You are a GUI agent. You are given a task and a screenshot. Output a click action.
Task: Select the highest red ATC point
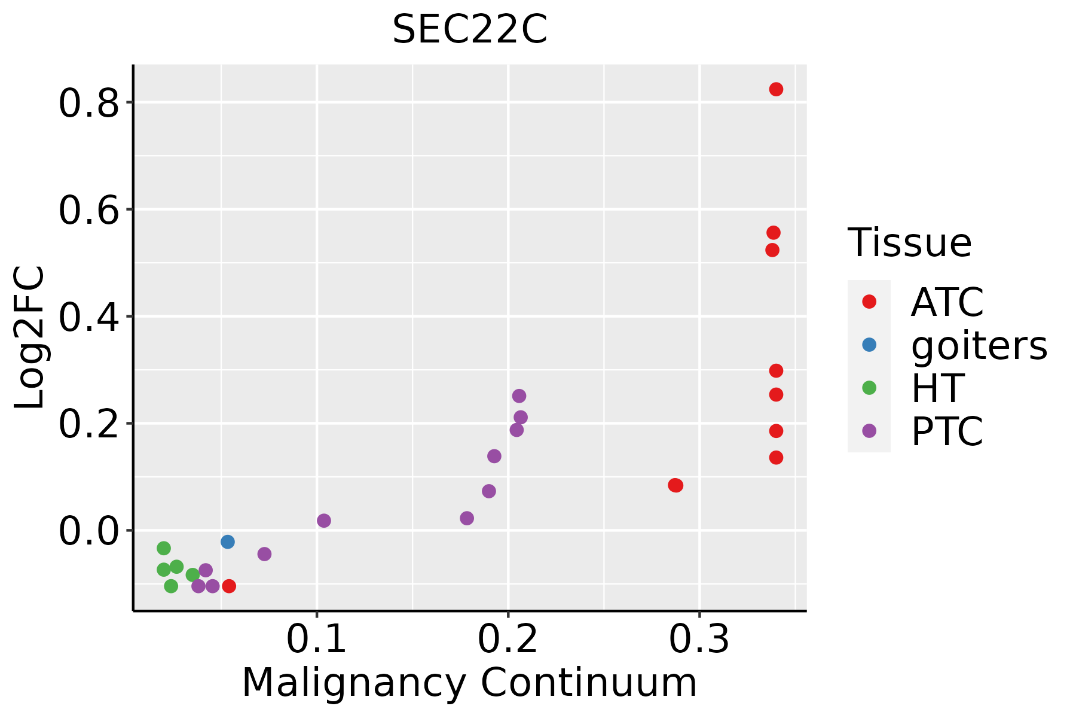(776, 89)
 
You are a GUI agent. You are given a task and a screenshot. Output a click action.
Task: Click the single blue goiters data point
(227, 541)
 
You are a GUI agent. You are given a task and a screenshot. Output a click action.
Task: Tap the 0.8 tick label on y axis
(88, 104)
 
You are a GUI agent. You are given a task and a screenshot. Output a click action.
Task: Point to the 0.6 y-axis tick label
(88, 211)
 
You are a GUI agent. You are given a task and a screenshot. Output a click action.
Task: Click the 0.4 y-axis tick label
(88, 317)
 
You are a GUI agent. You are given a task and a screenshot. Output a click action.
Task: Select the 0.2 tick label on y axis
(88, 424)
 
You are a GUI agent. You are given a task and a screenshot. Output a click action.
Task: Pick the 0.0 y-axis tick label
(88, 531)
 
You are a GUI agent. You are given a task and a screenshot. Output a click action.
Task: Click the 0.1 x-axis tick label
(317, 639)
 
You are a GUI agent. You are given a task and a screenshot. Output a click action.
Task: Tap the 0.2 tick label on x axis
(508, 639)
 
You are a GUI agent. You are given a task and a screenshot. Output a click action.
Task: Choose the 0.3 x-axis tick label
(699, 639)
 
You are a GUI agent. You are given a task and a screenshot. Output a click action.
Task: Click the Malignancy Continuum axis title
(469, 683)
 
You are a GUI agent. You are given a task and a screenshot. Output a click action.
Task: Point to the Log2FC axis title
(30, 337)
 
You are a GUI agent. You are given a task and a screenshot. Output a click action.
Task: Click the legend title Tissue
(910, 243)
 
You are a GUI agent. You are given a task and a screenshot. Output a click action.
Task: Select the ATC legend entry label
(947, 302)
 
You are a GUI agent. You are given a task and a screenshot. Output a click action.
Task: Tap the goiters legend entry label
(979, 345)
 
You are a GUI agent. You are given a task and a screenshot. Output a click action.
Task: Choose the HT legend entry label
(937, 388)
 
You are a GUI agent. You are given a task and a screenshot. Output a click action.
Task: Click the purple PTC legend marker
(869, 431)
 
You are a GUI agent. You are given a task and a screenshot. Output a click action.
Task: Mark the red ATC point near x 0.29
(675, 485)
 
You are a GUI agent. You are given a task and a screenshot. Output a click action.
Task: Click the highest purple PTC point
(519, 395)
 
